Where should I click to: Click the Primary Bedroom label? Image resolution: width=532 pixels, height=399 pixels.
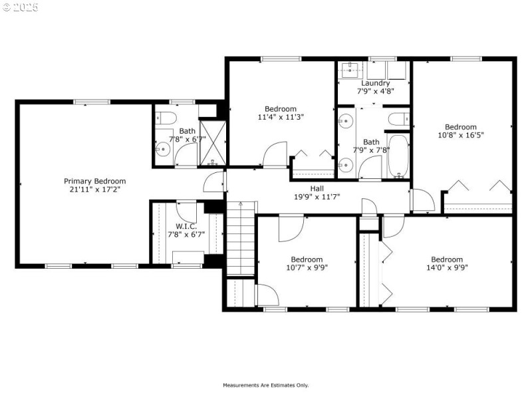pyautogui.click(x=94, y=181)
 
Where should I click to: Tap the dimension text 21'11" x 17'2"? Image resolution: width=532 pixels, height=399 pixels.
pyautogui.click(x=95, y=190)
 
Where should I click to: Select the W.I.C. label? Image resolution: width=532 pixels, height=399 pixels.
pyautogui.click(x=186, y=226)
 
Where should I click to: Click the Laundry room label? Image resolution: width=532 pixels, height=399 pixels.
pyautogui.click(x=375, y=83)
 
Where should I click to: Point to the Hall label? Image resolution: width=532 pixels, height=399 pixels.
pyautogui.click(x=317, y=188)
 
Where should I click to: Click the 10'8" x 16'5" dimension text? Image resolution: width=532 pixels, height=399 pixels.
pyautogui.click(x=461, y=135)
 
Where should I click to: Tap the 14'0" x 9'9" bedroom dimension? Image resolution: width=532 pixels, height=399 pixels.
pyautogui.click(x=447, y=267)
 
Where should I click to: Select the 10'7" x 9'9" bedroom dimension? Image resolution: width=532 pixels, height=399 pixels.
pyautogui.click(x=307, y=267)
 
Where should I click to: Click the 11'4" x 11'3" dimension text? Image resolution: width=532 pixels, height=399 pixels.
pyautogui.click(x=281, y=117)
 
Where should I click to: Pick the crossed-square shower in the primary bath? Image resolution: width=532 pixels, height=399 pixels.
pyautogui.click(x=213, y=143)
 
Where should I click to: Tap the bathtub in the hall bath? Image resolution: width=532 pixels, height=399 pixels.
pyautogui.click(x=398, y=156)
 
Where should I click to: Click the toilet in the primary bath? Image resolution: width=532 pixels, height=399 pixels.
pyautogui.click(x=166, y=118)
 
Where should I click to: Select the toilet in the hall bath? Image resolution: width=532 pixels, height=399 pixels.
pyautogui.click(x=399, y=119)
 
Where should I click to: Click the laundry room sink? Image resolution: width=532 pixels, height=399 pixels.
pyautogui.click(x=350, y=70)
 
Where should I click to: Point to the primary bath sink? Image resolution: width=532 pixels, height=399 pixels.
pyautogui.click(x=163, y=148)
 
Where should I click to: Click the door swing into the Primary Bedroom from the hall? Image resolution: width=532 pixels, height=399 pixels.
pyautogui.click(x=214, y=182)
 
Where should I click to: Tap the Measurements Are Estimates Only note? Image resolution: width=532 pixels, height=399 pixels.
pyautogui.click(x=265, y=385)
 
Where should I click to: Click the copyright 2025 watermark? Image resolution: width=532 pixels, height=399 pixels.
pyautogui.click(x=21, y=7)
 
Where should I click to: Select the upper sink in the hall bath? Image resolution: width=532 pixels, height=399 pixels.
pyautogui.click(x=346, y=120)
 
